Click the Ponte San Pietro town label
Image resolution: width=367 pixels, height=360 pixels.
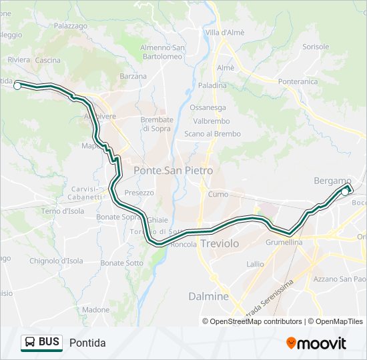coord(173,171)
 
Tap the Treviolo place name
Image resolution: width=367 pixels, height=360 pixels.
coord(220,244)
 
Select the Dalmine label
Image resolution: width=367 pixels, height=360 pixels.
coord(208,296)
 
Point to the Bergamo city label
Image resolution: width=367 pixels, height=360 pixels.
coord(332,181)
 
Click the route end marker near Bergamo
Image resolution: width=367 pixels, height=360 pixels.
coord(345,192)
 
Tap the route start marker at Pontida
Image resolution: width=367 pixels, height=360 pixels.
coord(17,85)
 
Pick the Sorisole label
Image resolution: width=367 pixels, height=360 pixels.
coord(316,47)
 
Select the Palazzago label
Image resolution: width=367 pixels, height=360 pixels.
coord(71,25)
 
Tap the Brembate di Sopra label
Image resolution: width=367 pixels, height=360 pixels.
coord(157,123)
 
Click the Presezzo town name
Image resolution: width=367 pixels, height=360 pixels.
coord(139,193)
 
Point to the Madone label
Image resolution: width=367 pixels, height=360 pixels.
coord(95,310)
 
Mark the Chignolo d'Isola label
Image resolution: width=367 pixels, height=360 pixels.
coord(55,261)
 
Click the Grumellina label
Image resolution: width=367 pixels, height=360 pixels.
coord(284,242)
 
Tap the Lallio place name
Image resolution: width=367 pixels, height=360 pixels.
coord(255,264)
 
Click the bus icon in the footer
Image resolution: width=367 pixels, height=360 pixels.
coord(30,343)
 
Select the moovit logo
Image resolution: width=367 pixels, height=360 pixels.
coord(316,343)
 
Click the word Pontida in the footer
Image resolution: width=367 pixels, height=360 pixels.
coord(87,343)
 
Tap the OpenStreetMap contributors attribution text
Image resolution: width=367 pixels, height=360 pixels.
coord(256,321)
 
